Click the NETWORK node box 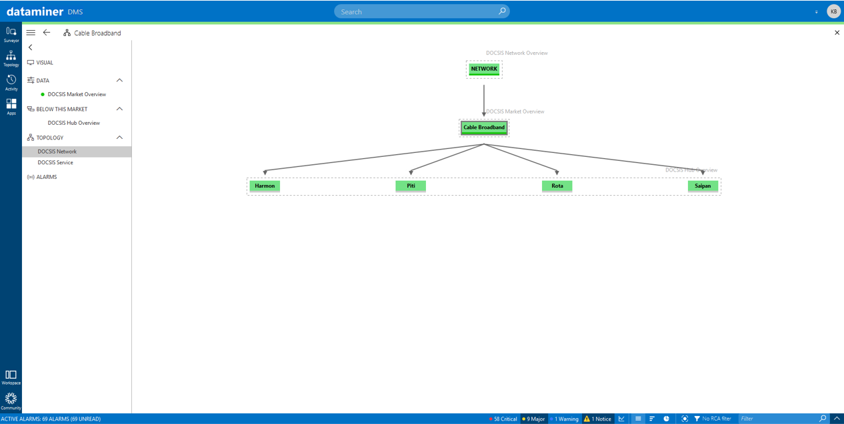(484, 69)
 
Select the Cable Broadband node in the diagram (484, 128)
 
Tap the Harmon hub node (265, 186)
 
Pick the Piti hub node (411, 186)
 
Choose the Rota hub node (557, 186)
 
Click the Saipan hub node (703, 186)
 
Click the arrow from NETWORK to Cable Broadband (484, 100)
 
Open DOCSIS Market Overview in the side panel (77, 94)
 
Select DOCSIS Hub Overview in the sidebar (74, 123)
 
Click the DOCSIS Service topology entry (55, 162)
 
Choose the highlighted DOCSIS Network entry (57, 152)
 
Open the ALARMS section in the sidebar (47, 177)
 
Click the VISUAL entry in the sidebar (45, 63)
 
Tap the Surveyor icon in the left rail (11, 34)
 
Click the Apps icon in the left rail (11, 106)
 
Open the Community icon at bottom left (11, 401)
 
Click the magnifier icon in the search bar (502, 11)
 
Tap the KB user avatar (834, 11)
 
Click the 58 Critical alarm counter (503, 419)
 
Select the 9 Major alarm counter (533, 419)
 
